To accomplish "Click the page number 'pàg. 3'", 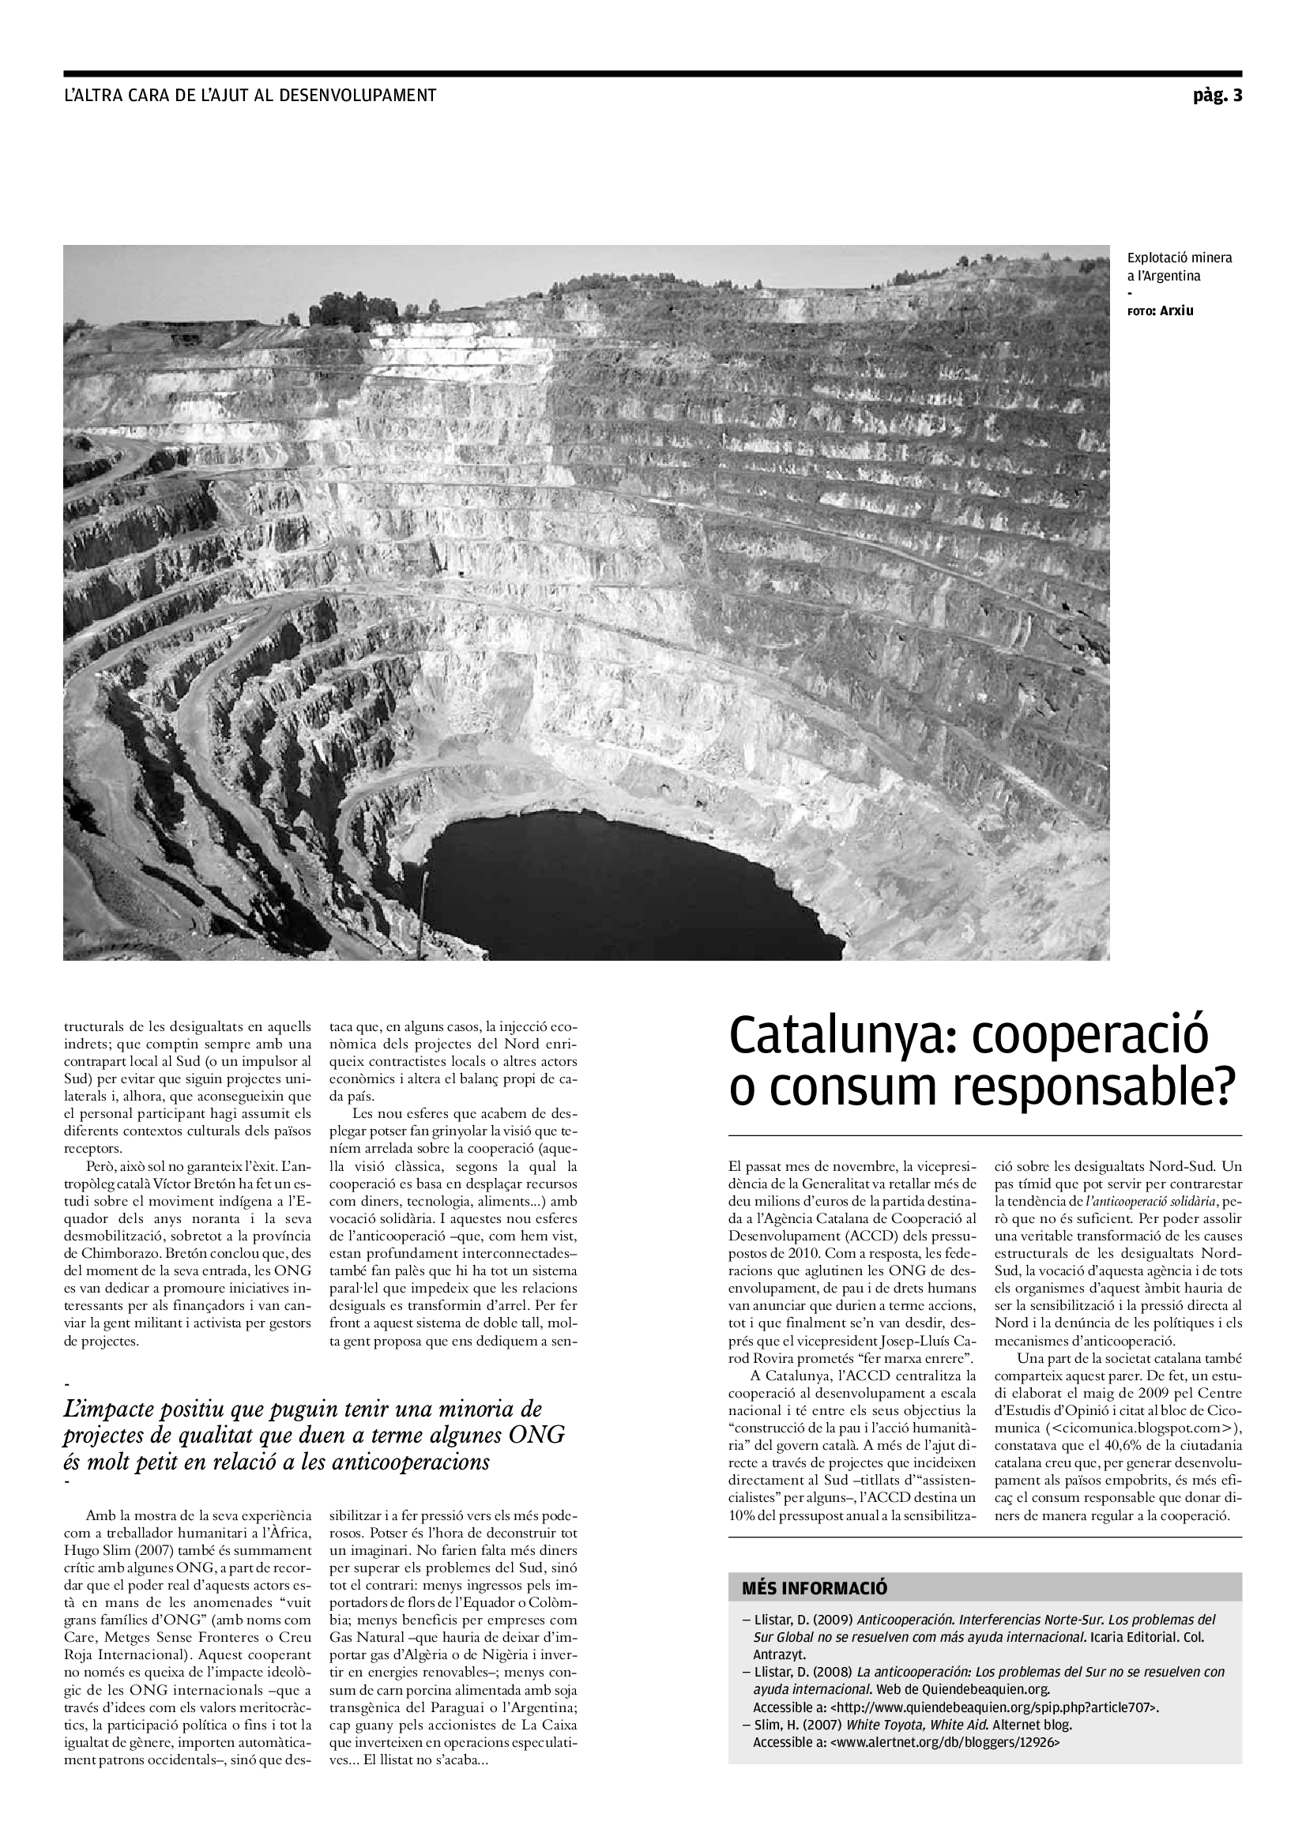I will pyautogui.click(x=1217, y=96).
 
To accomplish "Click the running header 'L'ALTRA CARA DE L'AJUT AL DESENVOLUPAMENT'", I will pyautogui.click(x=250, y=96).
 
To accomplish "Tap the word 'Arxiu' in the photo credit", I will pyautogui.click(x=1176, y=311).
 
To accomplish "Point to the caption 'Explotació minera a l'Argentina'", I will pyautogui.click(x=1179, y=267).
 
